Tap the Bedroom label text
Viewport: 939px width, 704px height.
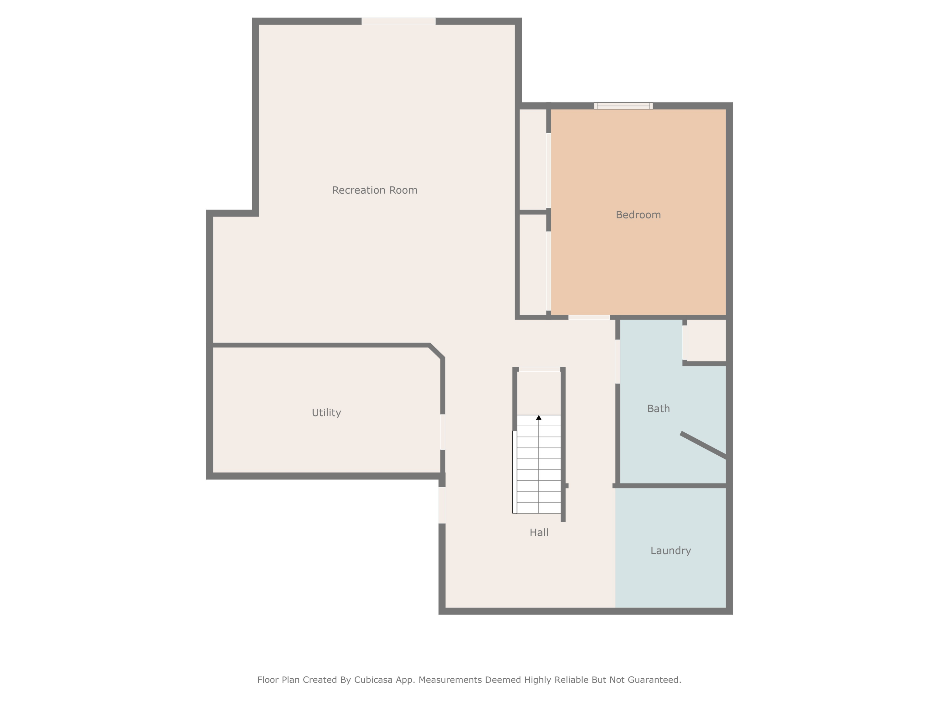[638, 215]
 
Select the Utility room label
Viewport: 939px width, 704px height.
[326, 412]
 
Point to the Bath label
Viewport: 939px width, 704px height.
[658, 409]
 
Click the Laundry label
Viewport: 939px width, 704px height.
[670, 550]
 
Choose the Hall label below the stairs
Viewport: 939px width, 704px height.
[539, 532]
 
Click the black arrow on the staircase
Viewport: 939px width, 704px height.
[539, 418]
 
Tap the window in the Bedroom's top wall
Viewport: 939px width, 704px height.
[623, 106]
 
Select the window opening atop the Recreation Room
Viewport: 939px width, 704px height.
[398, 21]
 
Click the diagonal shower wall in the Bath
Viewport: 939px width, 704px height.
[703, 445]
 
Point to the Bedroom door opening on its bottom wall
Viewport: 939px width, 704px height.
[589, 317]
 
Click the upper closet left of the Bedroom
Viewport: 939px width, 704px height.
[533, 159]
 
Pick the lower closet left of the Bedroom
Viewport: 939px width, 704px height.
[533, 264]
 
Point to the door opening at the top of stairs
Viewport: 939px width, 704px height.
[539, 369]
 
